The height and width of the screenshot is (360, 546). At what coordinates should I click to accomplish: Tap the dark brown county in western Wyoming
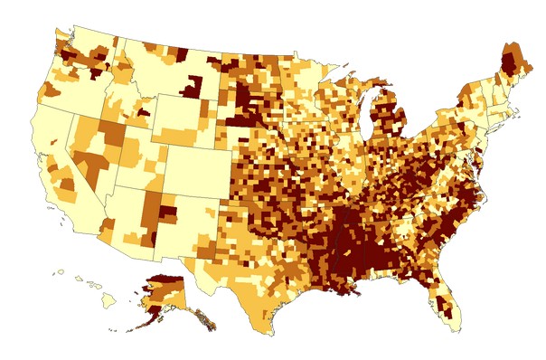[191, 89]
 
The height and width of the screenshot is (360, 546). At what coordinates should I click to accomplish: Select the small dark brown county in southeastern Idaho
[144, 112]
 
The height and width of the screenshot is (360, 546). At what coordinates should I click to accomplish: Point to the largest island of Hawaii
[108, 302]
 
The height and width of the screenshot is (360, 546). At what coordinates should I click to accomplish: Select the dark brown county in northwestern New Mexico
[169, 213]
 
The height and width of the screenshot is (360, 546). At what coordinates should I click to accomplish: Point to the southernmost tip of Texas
[270, 333]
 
